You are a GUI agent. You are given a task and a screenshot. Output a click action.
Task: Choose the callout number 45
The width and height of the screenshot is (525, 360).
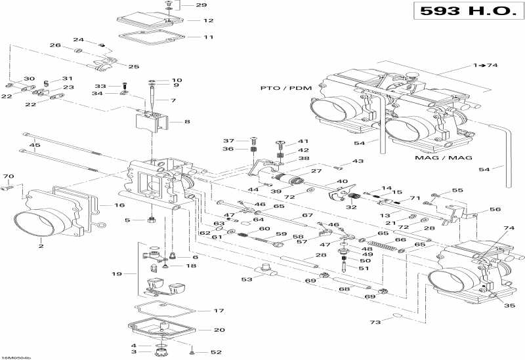[x=35, y=146]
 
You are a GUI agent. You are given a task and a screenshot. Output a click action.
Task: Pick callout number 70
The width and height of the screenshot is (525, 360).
[x=8, y=177]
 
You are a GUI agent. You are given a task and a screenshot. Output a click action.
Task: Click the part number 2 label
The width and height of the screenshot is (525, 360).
[x=41, y=247]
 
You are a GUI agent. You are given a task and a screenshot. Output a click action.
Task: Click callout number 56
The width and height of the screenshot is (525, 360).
[x=494, y=210]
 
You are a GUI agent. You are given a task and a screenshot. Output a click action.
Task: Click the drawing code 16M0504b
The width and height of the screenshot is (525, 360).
[x=16, y=357]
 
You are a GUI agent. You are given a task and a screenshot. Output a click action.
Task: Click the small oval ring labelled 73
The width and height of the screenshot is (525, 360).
[x=398, y=317]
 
